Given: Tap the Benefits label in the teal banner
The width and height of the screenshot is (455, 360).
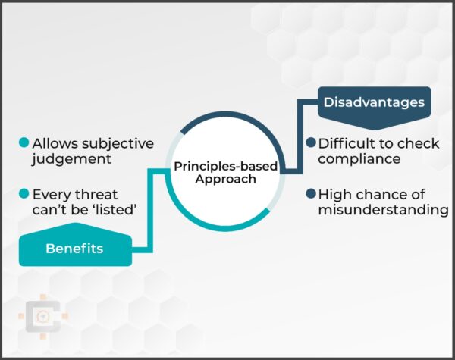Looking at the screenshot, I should click(74, 248).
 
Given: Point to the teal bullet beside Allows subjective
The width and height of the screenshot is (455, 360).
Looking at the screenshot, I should click(24, 142).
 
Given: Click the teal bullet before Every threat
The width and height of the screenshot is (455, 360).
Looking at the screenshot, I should click(24, 193).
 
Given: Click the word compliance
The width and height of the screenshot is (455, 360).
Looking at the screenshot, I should click(359, 159).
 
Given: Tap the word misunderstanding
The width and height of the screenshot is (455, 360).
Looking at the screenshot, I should click(383, 209).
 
